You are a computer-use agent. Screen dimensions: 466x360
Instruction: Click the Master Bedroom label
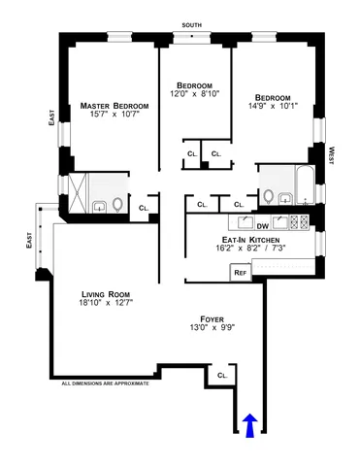115,105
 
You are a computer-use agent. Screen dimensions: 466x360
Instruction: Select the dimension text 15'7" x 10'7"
115,116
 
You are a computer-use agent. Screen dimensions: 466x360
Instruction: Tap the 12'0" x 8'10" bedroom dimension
194,93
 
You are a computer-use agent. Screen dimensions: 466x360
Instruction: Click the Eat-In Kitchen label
250,238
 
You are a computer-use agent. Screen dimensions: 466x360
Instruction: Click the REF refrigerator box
239,273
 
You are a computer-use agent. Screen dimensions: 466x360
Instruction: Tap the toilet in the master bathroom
117,205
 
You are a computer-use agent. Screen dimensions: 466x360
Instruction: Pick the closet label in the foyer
222,375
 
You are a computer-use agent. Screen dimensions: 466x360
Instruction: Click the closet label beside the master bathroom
144,207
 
